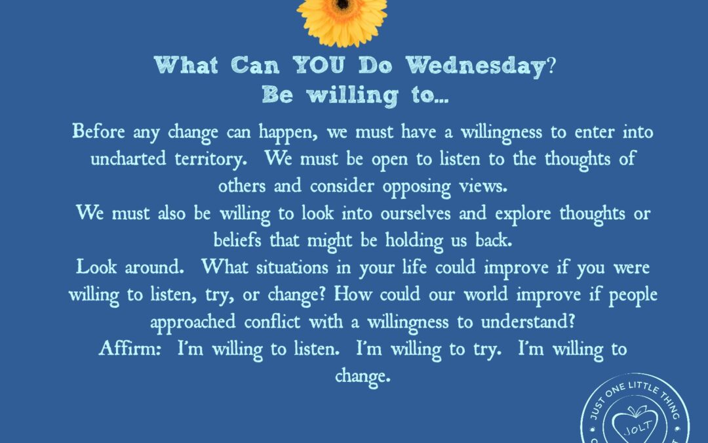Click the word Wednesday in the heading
(475, 66)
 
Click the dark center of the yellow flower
(342, 4)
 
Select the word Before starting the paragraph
(98, 131)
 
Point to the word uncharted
(128, 159)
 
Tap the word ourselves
(416, 213)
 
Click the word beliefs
(237, 240)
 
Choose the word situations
(292, 267)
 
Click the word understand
(528, 322)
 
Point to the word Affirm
(130, 348)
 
